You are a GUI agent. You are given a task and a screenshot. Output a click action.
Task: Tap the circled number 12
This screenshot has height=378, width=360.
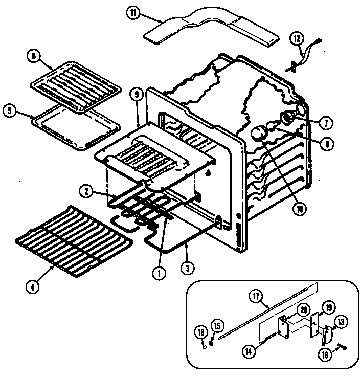coord(297,38)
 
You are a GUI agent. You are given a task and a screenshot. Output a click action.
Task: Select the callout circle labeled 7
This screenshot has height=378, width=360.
coord(325,122)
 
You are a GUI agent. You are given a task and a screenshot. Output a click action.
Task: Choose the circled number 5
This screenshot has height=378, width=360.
coord(9,110)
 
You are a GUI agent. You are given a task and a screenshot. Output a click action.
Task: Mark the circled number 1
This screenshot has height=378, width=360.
coord(160,273)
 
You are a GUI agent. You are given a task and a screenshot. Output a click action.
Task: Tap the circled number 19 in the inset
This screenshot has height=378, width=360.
coord(328,307)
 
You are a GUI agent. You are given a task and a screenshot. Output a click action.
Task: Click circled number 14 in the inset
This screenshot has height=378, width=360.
coord(248,351)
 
